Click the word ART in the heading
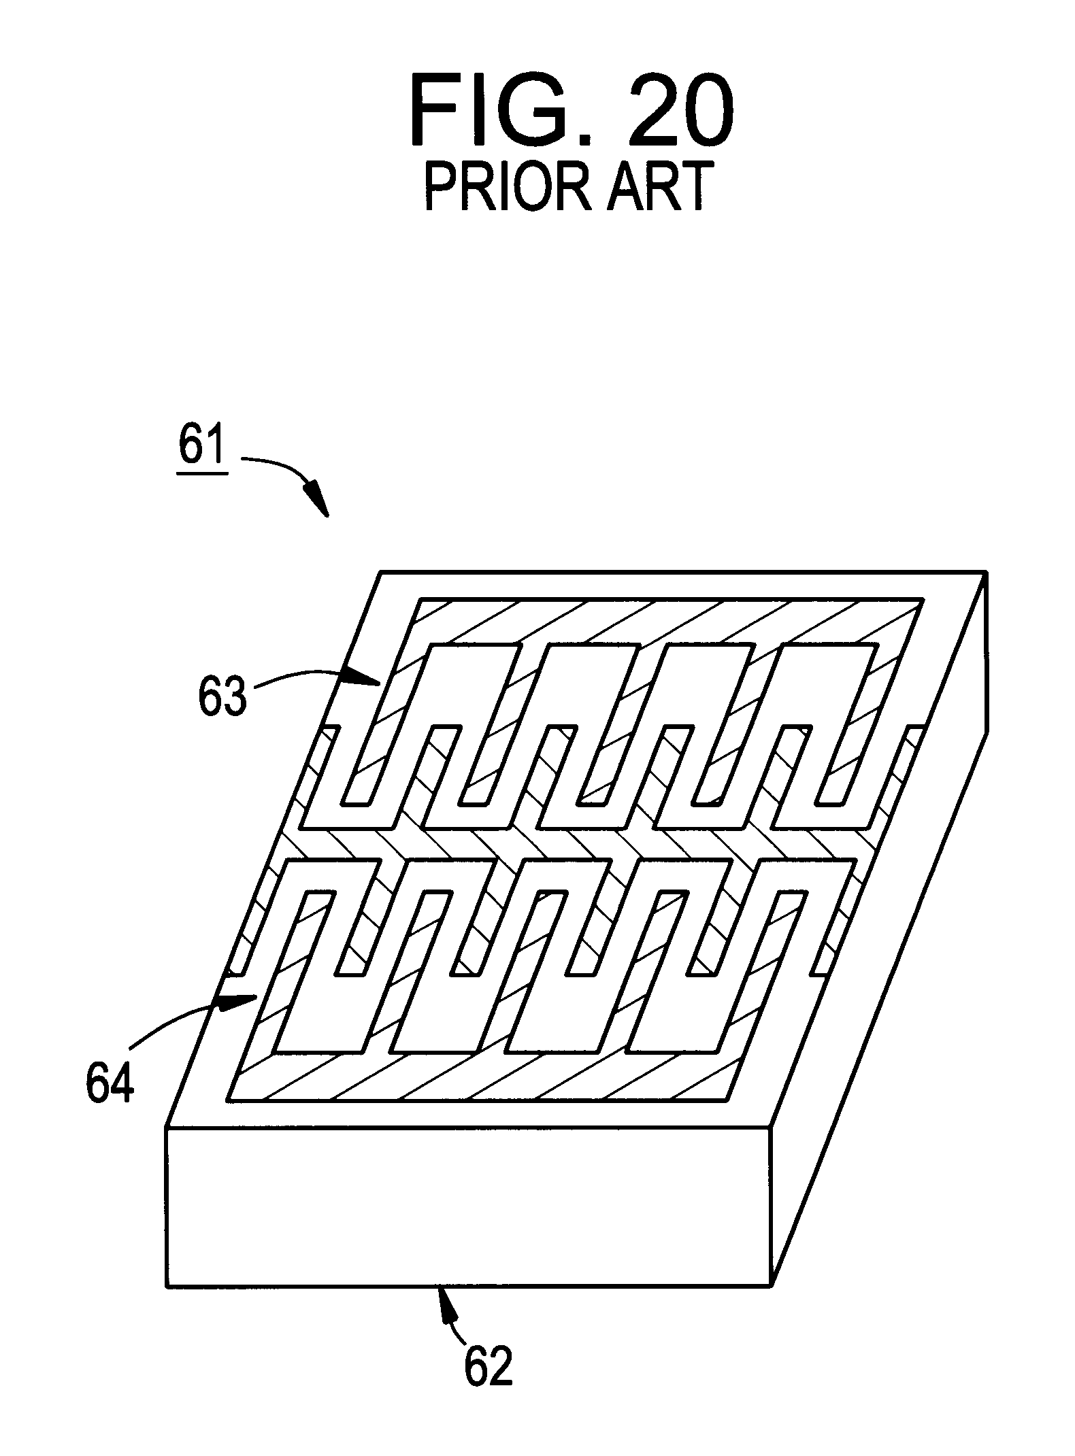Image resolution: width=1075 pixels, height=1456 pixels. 655,186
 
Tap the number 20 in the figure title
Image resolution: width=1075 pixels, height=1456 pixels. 679,112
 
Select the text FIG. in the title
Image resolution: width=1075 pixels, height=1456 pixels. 500,112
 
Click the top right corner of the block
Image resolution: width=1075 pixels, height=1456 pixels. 986,573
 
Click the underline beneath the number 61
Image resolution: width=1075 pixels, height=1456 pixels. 201,474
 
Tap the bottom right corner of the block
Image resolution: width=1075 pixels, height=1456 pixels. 772,1285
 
